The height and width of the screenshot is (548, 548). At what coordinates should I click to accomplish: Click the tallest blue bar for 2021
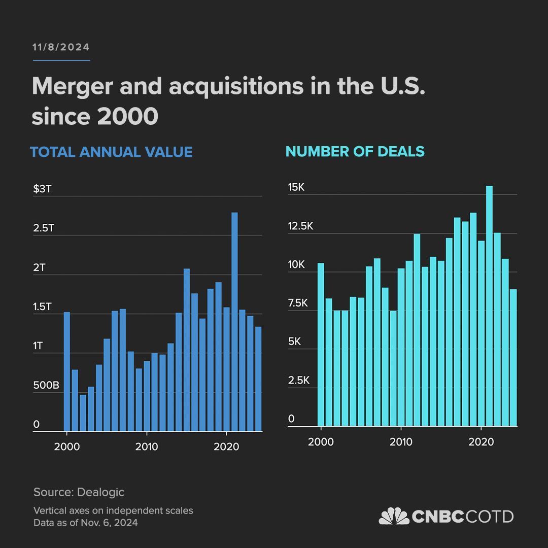pos(234,322)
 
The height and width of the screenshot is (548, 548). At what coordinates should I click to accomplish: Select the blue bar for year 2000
pos(67,371)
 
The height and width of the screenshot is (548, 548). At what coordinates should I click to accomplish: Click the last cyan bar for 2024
pos(513,357)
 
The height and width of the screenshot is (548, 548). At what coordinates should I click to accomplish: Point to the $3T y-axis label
pos(42,189)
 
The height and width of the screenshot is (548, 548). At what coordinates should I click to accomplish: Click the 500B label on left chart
pos(46,386)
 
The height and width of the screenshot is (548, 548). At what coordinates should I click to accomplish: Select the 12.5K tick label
pos(300,226)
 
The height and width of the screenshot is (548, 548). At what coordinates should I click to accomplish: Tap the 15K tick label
pos(296,187)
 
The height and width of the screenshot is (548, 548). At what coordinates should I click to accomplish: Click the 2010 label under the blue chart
pos(147,447)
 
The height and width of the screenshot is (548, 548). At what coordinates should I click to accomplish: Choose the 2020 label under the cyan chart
pos(481,442)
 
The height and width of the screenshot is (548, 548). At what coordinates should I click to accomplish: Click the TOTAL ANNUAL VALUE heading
pos(111,152)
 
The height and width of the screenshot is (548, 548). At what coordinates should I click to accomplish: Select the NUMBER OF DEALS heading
pos(355,151)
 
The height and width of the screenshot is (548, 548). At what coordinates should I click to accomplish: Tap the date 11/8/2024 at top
pos(61,47)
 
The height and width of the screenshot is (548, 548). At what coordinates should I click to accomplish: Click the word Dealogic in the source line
pos(100,492)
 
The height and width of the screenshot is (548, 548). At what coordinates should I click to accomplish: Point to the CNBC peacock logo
pos(394,516)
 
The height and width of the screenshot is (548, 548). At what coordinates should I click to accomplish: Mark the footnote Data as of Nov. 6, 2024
pos(85,523)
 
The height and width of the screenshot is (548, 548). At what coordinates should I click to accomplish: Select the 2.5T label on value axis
pos(44,228)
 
